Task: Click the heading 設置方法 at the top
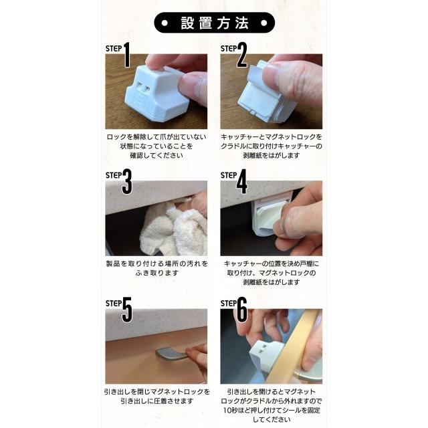pos(214,22)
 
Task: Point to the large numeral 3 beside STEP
pos(126,183)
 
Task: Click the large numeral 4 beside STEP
pos(241,183)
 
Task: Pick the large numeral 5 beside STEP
pos(126,310)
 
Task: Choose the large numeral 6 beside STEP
pos(241,310)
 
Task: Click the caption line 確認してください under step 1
pos(156,155)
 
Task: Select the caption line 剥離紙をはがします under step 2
pos(271,155)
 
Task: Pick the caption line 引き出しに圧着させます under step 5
pos(156,401)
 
